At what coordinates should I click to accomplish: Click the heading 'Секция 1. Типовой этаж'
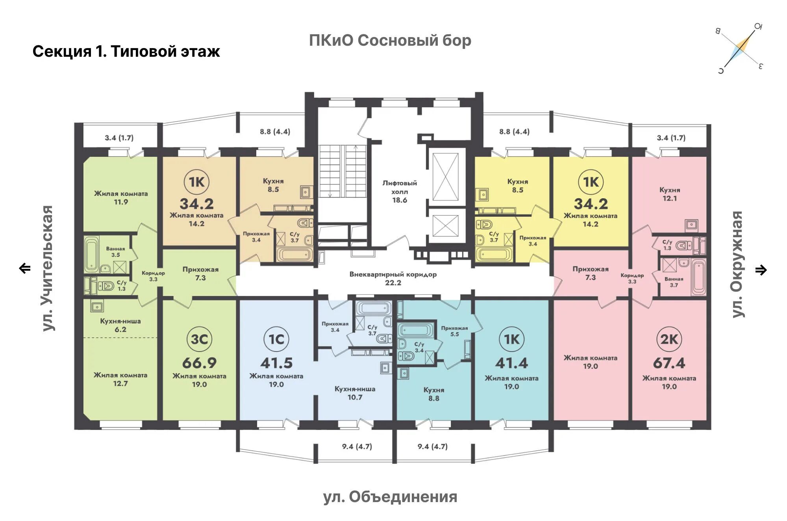(x=126, y=52)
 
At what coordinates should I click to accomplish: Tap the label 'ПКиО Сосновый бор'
(x=390, y=40)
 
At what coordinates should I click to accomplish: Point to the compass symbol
(x=741, y=49)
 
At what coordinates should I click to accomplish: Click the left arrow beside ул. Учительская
(x=25, y=268)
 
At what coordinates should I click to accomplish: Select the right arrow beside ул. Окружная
(x=761, y=270)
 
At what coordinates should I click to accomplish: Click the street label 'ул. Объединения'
(x=390, y=497)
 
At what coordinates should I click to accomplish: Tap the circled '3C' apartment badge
(x=199, y=339)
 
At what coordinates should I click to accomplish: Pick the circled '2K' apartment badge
(x=669, y=339)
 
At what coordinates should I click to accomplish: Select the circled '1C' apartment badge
(x=276, y=339)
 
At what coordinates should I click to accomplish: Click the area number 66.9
(x=199, y=363)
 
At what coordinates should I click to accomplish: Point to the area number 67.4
(x=669, y=363)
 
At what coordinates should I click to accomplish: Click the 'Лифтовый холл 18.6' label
(x=400, y=192)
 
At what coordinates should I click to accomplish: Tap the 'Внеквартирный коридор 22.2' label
(x=393, y=278)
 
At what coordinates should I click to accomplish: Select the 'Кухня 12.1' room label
(x=670, y=194)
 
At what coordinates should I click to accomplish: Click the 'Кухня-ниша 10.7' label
(x=355, y=393)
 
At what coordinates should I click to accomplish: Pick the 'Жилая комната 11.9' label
(x=121, y=198)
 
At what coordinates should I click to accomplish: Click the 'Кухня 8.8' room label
(x=434, y=394)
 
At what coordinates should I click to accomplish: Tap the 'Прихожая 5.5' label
(x=454, y=331)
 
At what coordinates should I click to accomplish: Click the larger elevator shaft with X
(x=445, y=177)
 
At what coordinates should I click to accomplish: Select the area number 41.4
(x=511, y=363)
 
